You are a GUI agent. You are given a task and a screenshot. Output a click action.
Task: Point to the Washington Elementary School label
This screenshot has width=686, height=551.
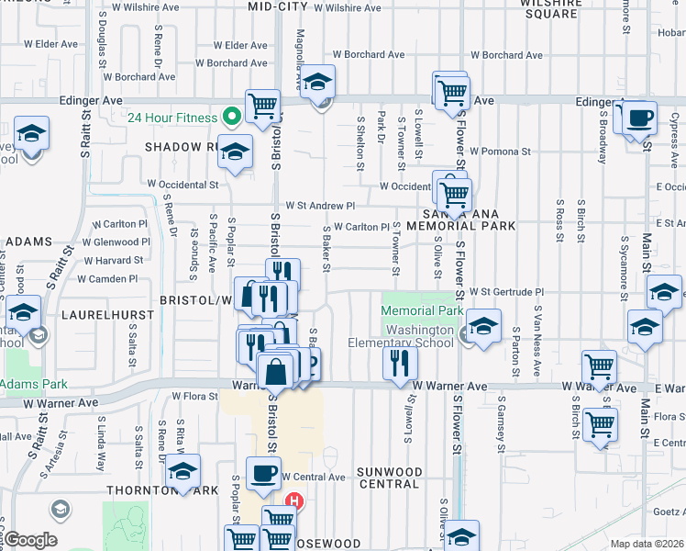[x=418, y=336]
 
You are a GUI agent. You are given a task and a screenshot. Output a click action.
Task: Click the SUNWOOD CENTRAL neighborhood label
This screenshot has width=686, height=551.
[x=390, y=478]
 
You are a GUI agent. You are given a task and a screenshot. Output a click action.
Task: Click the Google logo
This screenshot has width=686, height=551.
[x=30, y=540]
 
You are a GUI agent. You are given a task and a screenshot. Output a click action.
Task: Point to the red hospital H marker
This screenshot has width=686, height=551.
[x=294, y=501]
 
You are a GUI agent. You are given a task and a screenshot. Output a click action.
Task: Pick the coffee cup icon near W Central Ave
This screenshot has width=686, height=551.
[x=263, y=474]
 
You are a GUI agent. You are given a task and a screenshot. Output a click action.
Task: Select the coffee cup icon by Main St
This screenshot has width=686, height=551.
[x=639, y=118]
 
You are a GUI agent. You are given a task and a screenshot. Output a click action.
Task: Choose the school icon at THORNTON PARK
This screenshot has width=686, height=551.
[x=183, y=471]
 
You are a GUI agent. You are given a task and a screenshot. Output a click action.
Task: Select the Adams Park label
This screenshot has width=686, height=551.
[x=29, y=382]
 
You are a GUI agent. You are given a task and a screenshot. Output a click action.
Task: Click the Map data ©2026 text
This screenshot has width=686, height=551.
[x=647, y=544]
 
